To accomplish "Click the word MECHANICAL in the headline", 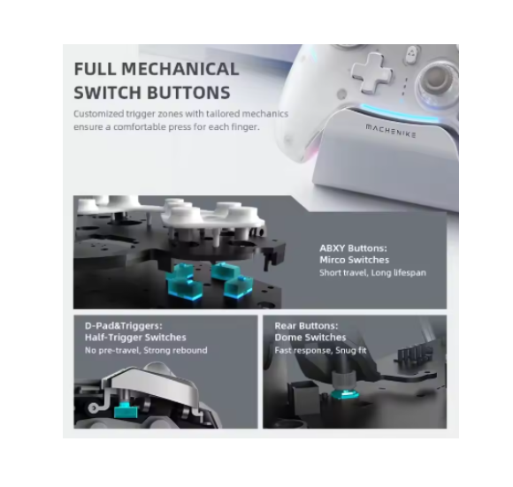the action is click(180, 69).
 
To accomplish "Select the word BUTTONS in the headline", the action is click(188, 93).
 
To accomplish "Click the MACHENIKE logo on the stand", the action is click(391, 131).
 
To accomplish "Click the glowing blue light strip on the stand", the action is click(399, 113).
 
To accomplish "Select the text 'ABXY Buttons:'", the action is click(353, 248).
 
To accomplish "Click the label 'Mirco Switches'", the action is click(355, 260).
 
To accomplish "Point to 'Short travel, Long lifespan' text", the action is click(372, 272).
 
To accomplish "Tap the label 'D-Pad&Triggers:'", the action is click(123, 325).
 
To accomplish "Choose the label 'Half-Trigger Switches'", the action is click(135, 338).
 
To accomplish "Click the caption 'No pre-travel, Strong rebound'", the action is click(146, 350).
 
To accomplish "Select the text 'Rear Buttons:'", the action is click(306, 325).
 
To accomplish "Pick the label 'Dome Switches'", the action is click(310, 338).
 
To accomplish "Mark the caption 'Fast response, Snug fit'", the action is click(320, 350).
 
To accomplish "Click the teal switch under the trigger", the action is click(126, 410).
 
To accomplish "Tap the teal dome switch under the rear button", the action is click(345, 394).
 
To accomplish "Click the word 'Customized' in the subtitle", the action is click(98, 114).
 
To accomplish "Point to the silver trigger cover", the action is click(154, 385).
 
